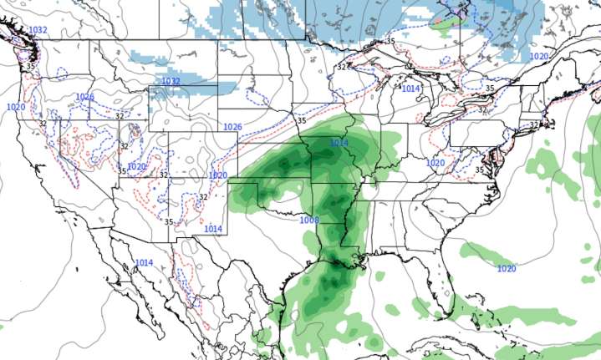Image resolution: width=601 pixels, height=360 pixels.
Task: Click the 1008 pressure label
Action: (309, 220)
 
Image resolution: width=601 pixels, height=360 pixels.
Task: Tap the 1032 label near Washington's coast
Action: (38, 31)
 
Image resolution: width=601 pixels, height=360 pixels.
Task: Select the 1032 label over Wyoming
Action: (171, 81)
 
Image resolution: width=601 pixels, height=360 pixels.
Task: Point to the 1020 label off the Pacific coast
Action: (15, 107)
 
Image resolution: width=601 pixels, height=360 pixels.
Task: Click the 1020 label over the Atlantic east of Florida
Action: (506, 268)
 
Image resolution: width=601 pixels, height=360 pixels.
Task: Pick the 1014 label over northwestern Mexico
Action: (144, 262)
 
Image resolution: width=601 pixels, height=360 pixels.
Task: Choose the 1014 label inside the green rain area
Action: (339, 143)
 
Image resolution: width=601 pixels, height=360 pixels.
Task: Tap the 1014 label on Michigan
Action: (411, 88)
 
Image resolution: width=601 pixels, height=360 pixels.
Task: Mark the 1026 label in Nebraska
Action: (232, 126)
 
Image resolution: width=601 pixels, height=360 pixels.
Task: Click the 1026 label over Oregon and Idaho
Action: (84, 97)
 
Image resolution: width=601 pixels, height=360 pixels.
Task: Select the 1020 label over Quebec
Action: (538, 56)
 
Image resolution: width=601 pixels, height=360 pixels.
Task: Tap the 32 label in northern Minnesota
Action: (342, 67)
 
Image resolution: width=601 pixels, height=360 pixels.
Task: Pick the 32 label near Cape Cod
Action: (534, 125)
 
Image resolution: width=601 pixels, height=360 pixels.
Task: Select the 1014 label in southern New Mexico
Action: (213, 228)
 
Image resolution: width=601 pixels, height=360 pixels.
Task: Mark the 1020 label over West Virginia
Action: (435, 162)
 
